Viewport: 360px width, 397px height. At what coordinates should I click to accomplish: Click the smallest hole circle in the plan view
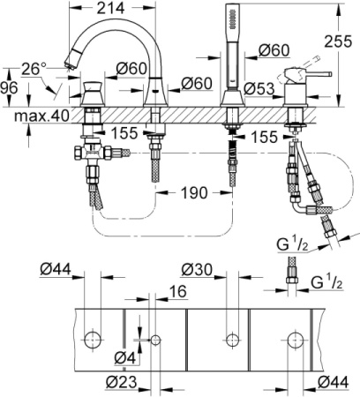[x=155, y=339]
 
